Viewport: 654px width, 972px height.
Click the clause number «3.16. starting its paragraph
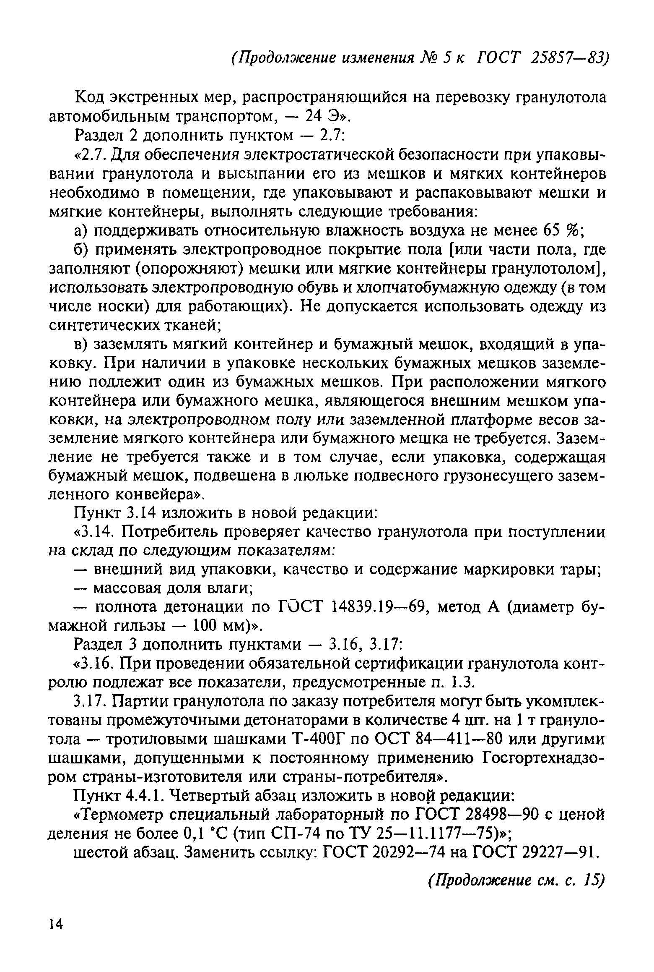94,664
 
